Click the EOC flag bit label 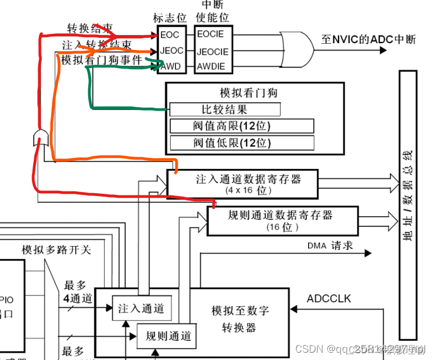169,35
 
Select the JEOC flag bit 171,51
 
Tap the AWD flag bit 171,66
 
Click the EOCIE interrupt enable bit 210,35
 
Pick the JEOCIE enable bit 213,51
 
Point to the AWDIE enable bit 211,67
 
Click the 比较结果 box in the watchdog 224,110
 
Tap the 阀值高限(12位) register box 241,126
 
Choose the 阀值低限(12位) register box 241,143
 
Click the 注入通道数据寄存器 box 242,184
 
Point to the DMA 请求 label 330,246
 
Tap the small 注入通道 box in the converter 141,308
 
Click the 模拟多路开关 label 56,249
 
